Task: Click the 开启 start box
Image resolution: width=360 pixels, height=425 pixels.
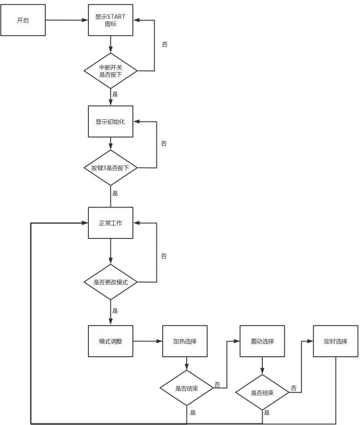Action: [x=23, y=20]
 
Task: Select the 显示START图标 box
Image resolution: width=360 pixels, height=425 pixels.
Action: [x=111, y=20]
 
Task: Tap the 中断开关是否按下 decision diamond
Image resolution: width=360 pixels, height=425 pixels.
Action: [x=111, y=71]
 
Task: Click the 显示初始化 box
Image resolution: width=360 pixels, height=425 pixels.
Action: [x=111, y=122]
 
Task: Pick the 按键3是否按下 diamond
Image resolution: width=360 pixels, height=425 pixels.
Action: [x=111, y=168]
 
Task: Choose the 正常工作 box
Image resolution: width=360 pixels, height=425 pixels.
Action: [x=111, y=223]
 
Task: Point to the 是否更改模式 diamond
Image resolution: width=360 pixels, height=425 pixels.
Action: [x=111, y=282]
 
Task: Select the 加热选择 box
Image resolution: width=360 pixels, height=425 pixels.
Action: [x=185, y=341]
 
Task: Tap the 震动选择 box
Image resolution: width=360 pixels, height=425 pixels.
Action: [x=262, y=341]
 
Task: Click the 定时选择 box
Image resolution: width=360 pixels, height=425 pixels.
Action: [x=336, y=341]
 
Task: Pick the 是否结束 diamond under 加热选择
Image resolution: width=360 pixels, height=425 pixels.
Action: [x=187, y=388]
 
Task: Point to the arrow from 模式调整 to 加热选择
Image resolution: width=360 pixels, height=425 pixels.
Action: [x=147, y=341]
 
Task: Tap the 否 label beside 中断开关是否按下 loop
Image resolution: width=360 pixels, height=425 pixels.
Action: [x=164, y=44]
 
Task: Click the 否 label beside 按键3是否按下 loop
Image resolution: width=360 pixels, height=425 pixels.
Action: [x=164, y=144]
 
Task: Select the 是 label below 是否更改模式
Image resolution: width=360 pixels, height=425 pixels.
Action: [x=115, y=310]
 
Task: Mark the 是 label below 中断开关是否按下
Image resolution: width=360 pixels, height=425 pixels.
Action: [x=115, y=94]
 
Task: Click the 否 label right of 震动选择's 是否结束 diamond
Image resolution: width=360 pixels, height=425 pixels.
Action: [x=294, y=388]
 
